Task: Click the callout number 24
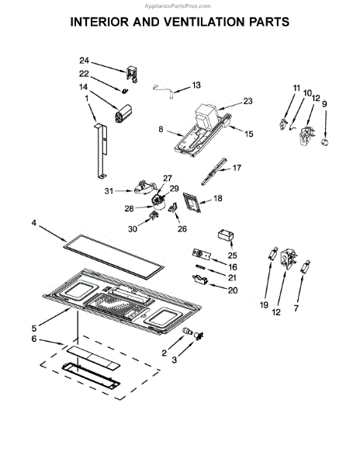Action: [84, 61]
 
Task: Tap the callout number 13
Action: [196, 85]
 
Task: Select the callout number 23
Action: [247, 101]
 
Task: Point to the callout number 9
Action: [324, 104]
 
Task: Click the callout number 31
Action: [109, 191]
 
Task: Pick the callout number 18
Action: [218, 198]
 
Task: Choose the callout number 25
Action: [233, 256]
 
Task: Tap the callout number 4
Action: [34, 223]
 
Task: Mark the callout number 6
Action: [34, 339]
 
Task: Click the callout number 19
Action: [264, 305]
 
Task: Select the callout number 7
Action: [296, 308]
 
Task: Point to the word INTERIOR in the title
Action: [99, 22]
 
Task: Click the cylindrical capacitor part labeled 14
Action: [123, 113]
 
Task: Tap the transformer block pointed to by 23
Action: [206, 116]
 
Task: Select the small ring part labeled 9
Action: [325, 142]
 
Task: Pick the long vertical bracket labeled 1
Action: [101, 151]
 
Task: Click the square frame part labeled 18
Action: [192, 203]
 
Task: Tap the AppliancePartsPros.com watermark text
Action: [178, 6]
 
